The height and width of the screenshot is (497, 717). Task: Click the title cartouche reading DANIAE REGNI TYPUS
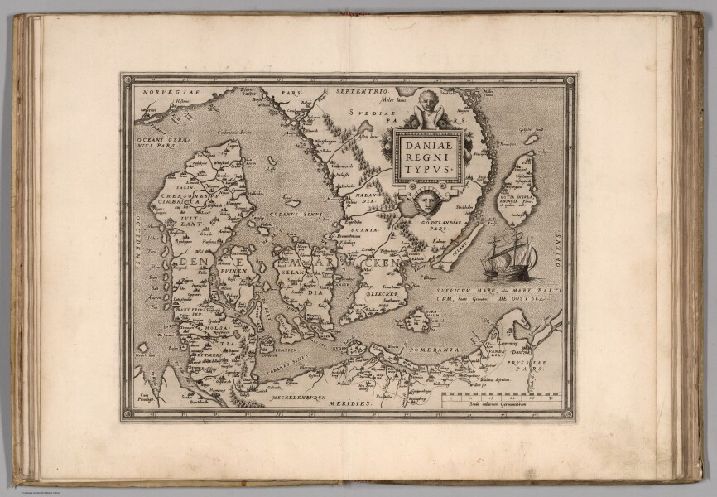pos(427,156)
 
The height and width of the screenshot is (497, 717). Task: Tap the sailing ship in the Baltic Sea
pos(508,257)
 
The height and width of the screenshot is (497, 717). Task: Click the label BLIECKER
pos(382,293)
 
